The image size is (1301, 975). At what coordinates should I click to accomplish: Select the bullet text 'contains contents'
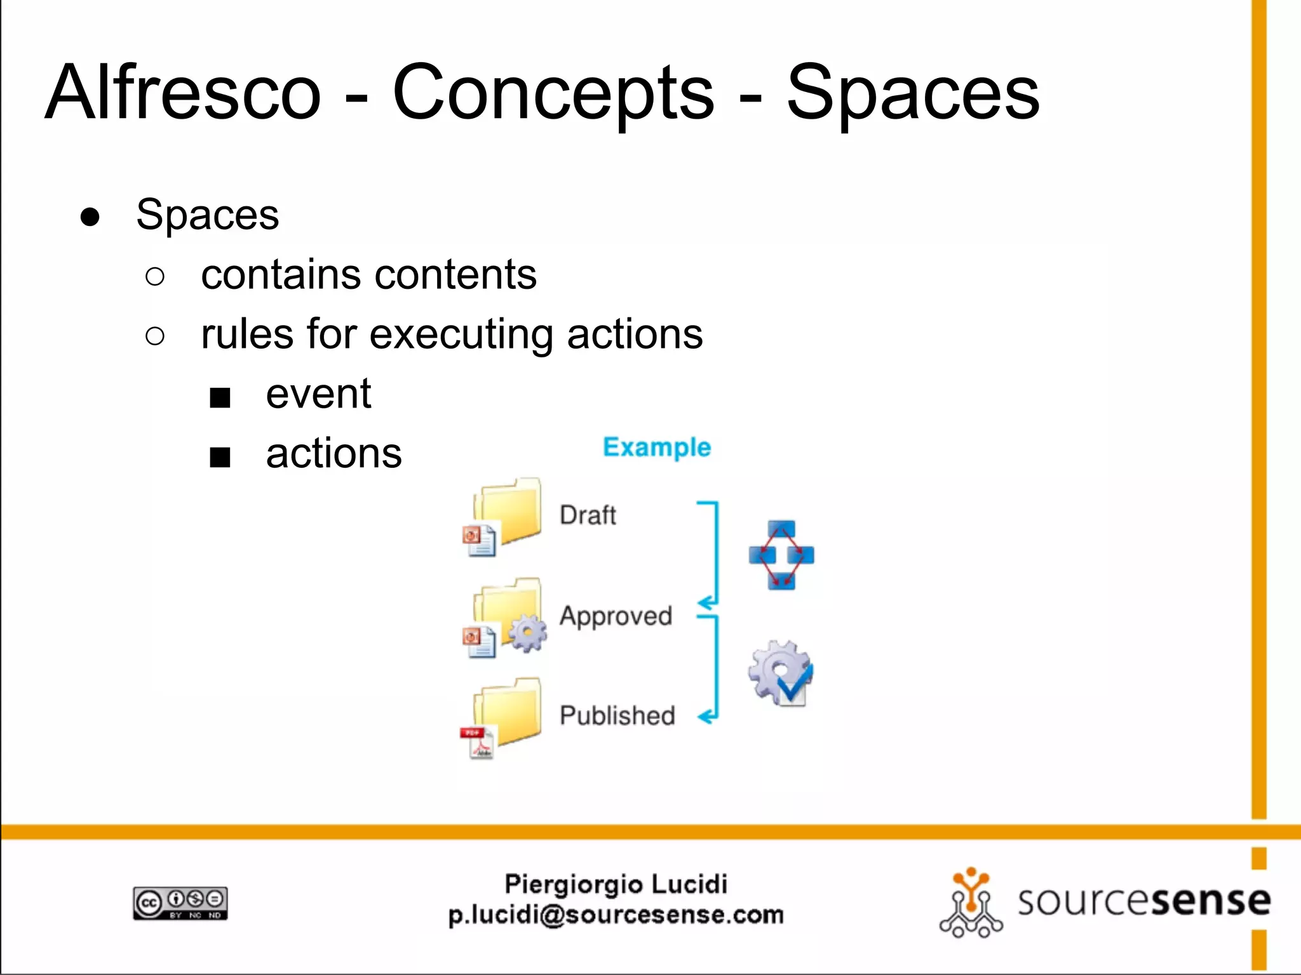coord(368,275)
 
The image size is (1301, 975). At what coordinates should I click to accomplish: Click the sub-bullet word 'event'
coord(318,394)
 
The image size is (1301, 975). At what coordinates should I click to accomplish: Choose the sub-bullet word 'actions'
coord(334,454)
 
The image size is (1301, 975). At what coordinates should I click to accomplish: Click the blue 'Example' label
coord(656,448)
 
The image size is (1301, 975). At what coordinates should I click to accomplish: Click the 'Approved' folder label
coord(616,616)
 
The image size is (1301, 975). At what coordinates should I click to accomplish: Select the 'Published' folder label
coord(617,715)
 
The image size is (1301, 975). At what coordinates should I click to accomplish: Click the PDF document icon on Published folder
coord(478,743)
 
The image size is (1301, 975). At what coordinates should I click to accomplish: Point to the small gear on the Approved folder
coord(527,633)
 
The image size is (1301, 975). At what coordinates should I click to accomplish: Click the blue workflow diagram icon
coord(781,555)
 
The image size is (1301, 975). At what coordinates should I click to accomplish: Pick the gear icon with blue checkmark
coord(781,673)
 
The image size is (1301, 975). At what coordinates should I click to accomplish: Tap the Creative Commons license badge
coord(180,903)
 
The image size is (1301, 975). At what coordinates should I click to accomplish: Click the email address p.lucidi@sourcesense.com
coord(616,915)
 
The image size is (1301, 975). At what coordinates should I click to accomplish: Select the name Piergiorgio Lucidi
coord(616,884)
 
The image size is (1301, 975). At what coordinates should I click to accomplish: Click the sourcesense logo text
coord(1143,901)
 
